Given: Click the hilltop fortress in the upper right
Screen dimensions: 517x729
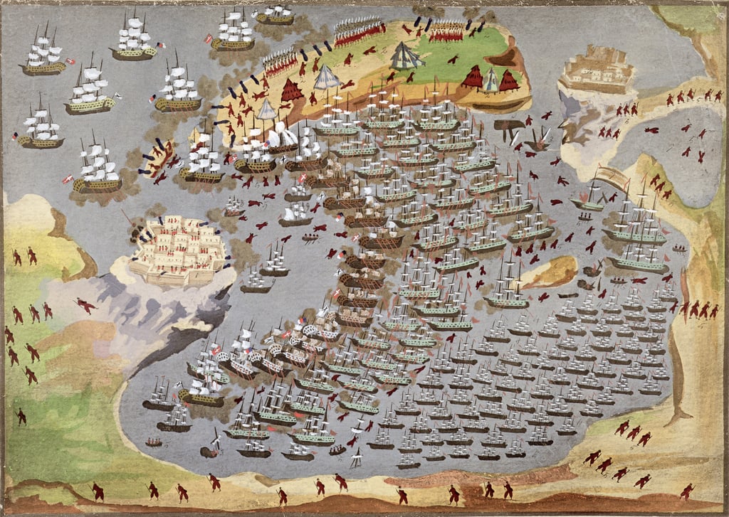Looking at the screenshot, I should click(x=596, y=70).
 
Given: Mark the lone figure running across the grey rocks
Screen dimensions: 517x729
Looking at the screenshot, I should click(x=85, y=305).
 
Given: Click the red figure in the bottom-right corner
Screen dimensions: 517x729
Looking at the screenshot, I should click(x=687, y=491).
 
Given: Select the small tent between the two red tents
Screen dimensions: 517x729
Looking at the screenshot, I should click(x=491, y=80).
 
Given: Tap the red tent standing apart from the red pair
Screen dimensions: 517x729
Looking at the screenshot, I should click(x=292, y=90).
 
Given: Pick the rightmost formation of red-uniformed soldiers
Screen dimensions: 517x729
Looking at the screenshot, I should click(x=446, y=29).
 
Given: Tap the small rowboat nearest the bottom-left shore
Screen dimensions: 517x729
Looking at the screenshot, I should click(x=154, y=442).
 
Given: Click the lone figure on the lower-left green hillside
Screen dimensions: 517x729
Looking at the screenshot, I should click(x=21, y=416).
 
